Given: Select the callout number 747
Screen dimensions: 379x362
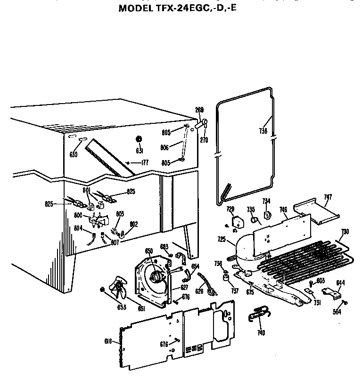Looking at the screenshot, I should pos(329,197).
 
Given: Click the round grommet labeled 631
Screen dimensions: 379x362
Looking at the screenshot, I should pos(140,139).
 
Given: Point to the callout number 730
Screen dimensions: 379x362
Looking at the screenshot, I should pos(346,232).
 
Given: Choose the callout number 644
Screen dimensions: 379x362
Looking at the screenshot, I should pos(340,282).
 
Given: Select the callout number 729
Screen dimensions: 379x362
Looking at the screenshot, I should pos(230,209).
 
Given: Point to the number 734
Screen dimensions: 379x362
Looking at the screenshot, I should pos(266,201).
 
